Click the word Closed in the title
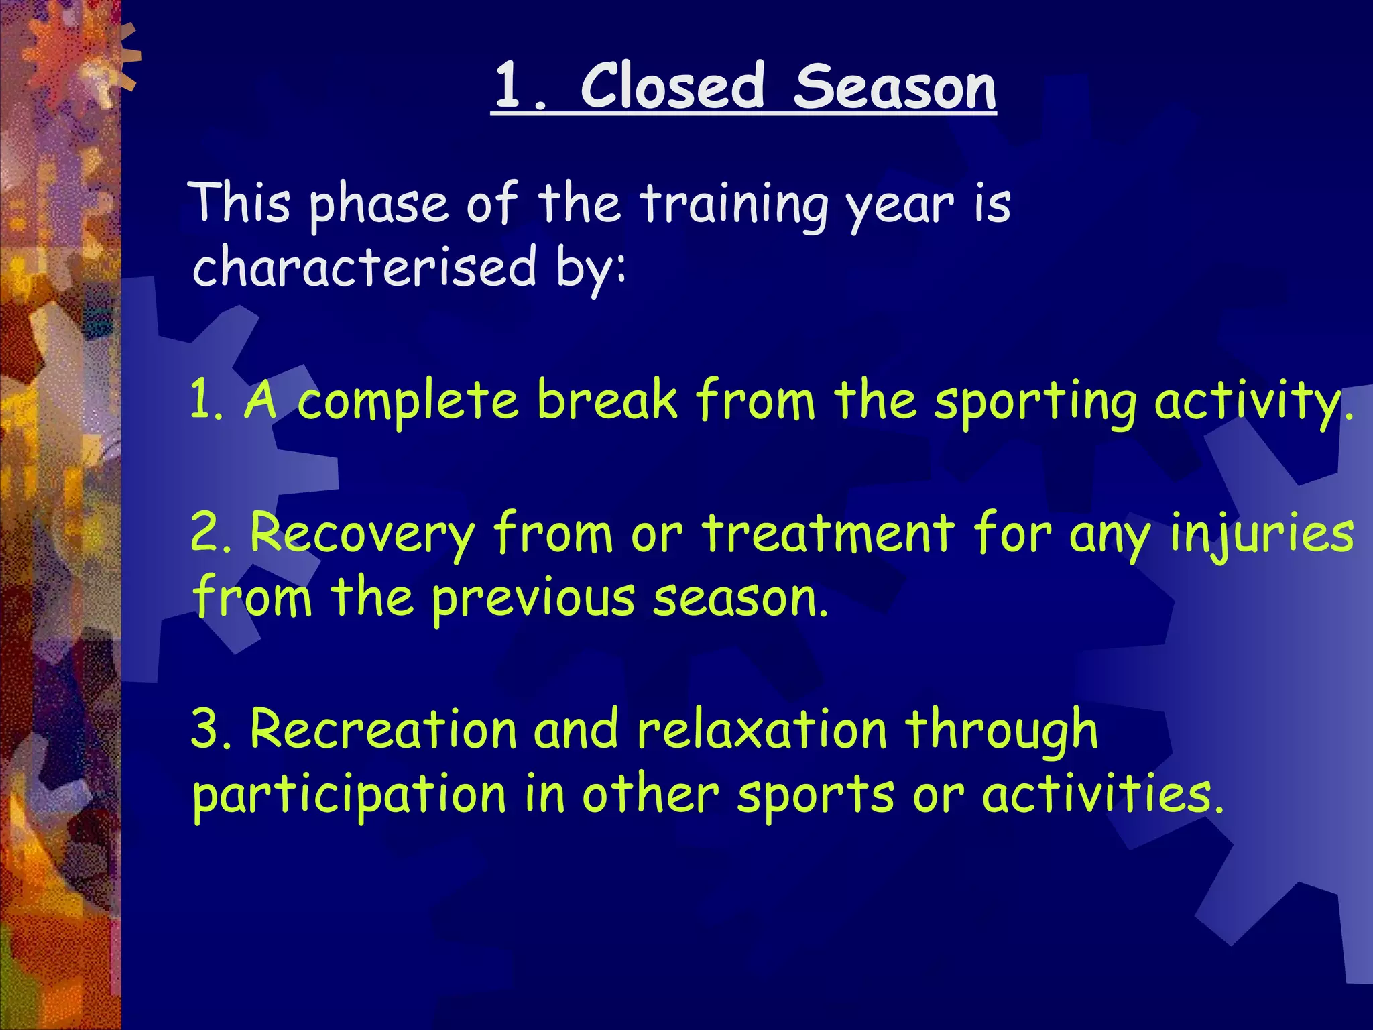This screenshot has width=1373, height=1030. click(x=672, y=87)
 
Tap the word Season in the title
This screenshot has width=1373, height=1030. click(x=895, y=88)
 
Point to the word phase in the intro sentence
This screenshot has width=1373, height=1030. click(x=377, y=205)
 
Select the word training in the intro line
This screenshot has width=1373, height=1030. click(x=734, y=205)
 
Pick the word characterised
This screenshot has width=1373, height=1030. click(x=365, y=267)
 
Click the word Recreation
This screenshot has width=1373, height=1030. click(x=383, y=729)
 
